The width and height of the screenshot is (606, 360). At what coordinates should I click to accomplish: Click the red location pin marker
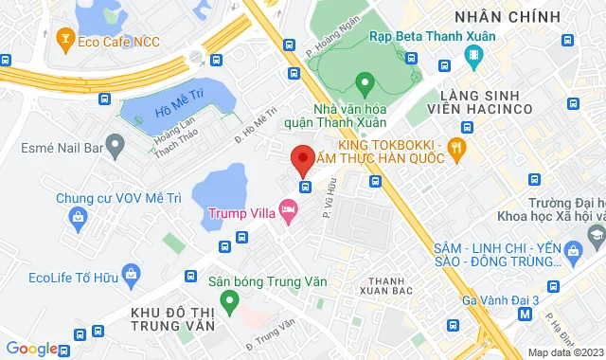coord(302,158)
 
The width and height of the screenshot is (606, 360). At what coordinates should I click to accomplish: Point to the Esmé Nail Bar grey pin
coord(115,147)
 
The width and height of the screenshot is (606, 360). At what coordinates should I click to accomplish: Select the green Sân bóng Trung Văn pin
coord(227,302)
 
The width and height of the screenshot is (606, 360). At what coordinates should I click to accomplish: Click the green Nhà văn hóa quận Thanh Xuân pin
coord(362,83)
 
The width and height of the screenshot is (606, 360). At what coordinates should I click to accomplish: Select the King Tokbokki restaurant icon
coord(457,147)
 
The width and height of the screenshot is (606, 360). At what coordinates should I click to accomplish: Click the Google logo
coord(31,349)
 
